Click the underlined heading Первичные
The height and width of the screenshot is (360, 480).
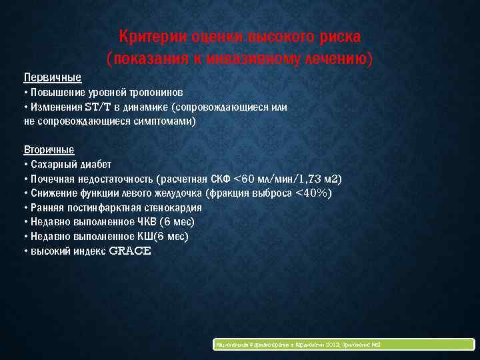coord(52,77)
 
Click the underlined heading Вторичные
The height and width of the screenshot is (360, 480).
coord(49,149)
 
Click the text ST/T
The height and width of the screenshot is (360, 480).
coord(97,106)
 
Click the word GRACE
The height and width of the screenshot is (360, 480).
coord(130,251)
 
